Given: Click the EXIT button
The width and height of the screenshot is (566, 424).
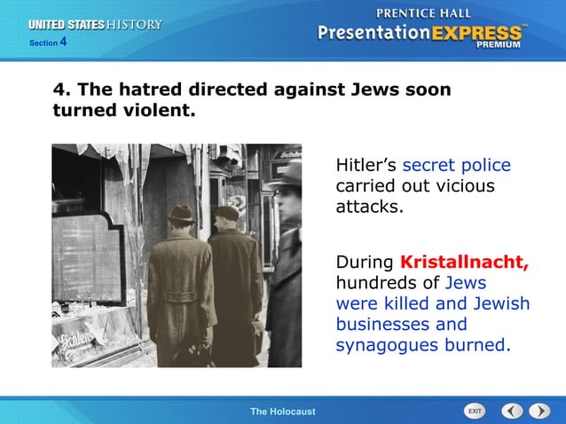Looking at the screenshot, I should pyautogui.click(x=475, y=411).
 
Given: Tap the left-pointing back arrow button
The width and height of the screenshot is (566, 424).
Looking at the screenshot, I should pyautogui.click(x=511, y=411).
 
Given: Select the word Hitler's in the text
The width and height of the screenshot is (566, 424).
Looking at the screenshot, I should pyautogui.click(x=366, y=166).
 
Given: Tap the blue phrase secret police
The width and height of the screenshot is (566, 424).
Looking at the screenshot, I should pyautogui.click(x=456, y=166).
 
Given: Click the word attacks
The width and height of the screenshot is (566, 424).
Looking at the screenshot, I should pyautogui.click(x=369, y=208).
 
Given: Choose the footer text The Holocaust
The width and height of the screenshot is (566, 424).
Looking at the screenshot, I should pyautogui.click(x=282, y=412).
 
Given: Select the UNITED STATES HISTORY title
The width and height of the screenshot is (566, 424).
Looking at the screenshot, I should pyautogui.click(x=96, y=25).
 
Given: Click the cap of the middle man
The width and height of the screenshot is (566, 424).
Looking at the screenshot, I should pyautogui.click(x=227, y=213).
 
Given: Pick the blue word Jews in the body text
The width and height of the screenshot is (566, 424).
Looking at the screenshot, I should pyautogui.click(x=466, y=283).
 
